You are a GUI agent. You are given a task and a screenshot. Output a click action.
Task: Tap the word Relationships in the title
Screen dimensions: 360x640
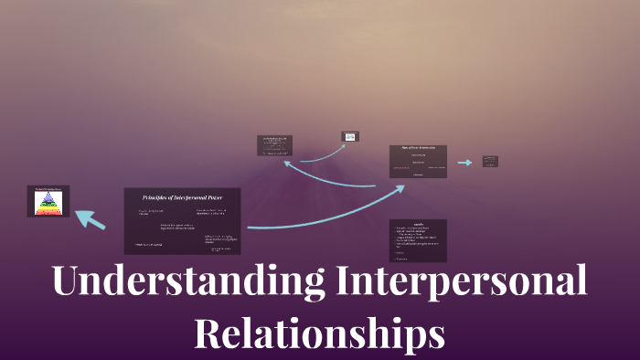319,332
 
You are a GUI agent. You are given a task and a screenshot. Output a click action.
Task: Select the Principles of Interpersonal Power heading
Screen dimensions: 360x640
182,197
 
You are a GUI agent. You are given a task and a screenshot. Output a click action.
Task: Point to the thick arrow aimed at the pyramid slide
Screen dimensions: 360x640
90,219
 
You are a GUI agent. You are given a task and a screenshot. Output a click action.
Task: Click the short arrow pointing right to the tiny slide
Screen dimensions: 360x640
465,163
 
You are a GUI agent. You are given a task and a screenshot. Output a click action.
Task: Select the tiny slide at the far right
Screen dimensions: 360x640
490,162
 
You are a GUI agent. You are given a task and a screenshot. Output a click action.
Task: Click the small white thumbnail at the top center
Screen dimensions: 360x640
350,136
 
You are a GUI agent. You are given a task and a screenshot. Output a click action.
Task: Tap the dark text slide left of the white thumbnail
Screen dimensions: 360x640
275,145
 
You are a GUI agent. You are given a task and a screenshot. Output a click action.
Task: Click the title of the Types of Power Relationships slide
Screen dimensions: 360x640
418,147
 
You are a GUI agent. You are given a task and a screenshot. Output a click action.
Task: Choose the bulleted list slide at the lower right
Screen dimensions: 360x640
418,240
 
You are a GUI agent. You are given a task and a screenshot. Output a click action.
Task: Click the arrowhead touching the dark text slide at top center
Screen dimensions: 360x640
287,164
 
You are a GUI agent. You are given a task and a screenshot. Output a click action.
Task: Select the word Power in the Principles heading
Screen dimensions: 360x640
214,197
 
